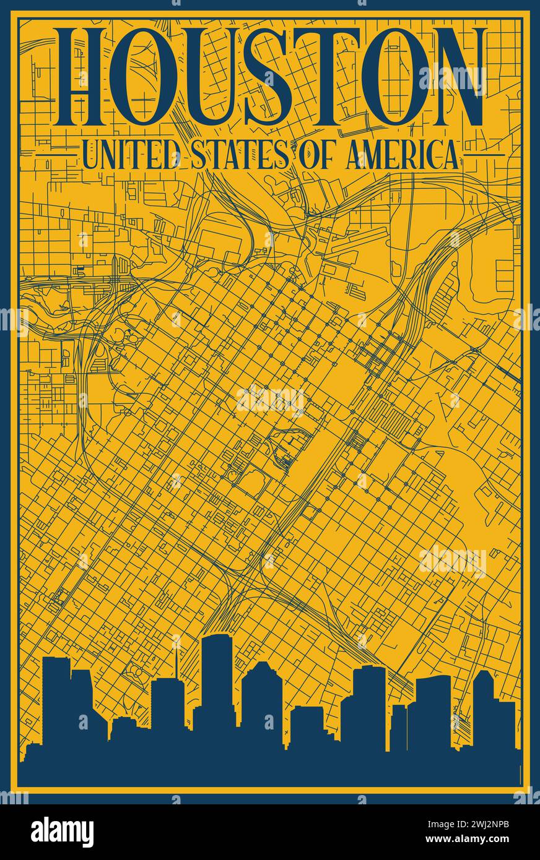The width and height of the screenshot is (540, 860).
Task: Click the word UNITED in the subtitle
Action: pyautogui.click(x=131, y=155)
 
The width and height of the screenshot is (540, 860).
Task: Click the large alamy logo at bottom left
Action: pyautogui.click(x=62, y=832)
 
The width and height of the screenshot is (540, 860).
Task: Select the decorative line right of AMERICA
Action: pyautogui.click(x=483, y=155)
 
